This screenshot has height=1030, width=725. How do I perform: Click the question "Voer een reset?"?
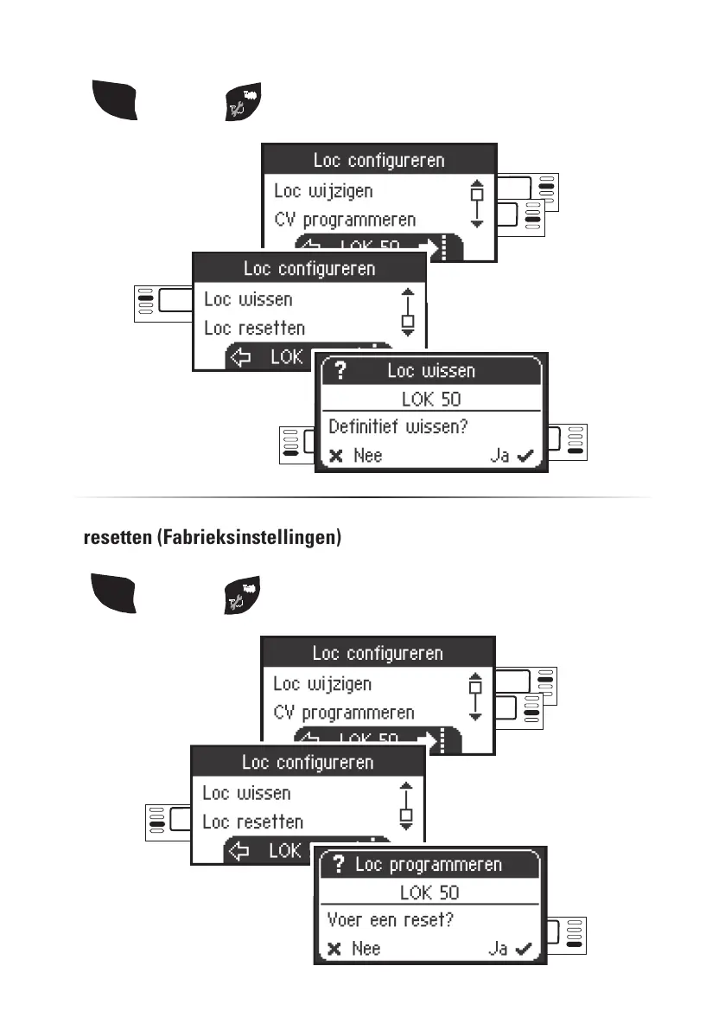(x=390, y=920)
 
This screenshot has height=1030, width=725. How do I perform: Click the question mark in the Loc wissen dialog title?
(x=339, y=371)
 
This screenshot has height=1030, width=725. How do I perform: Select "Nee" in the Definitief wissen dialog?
(x=367, y=455)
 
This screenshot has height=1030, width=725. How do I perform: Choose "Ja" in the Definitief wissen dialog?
(x=499, y=455)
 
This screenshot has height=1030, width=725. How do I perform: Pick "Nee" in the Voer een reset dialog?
(x=366, y=949)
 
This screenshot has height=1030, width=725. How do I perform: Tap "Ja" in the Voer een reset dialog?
(x=498, y=949)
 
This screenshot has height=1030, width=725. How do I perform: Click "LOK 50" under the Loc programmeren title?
(x=429, y=892)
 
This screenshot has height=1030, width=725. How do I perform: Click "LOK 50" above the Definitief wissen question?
(x=431, y=399)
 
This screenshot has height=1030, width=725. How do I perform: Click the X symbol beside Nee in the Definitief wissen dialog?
(x=336, y=456)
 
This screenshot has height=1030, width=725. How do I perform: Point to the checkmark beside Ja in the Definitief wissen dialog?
(x=524, y=455)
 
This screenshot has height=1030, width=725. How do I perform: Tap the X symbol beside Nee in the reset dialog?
(x=334, y=950)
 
